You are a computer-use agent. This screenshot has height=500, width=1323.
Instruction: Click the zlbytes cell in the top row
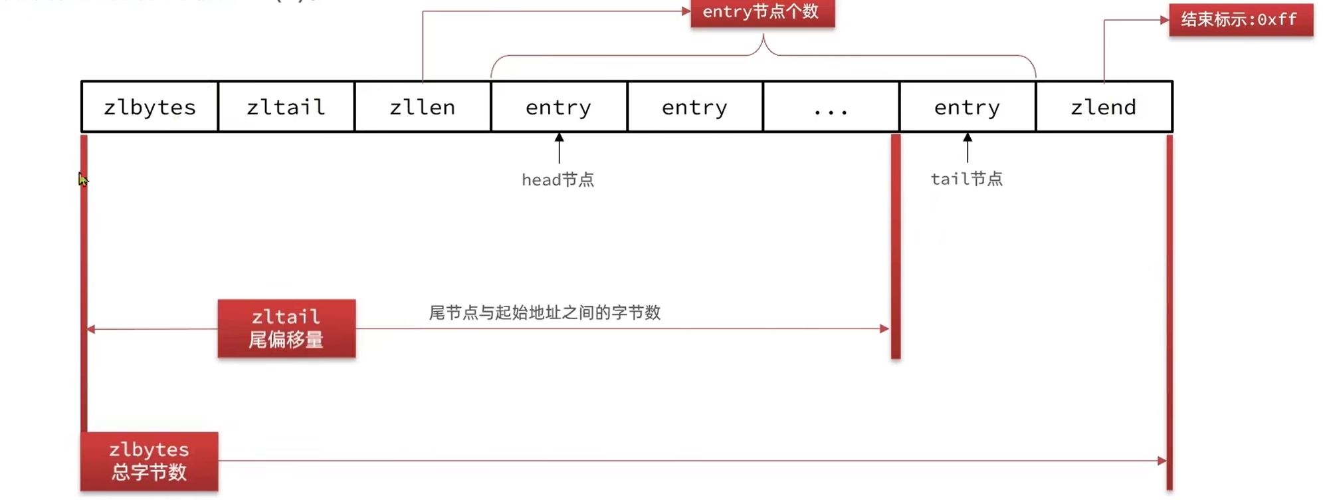[150, 107]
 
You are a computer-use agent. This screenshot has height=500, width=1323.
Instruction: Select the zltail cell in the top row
[286, 107]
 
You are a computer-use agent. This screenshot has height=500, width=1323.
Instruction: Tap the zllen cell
[423, 107]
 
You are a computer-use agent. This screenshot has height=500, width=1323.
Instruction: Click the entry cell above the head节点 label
[558, 107]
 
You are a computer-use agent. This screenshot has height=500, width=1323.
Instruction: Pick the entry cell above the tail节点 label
[967, 107]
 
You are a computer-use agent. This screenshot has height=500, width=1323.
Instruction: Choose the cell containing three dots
[831, 107]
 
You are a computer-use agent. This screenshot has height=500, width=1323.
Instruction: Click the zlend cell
[1104, 107]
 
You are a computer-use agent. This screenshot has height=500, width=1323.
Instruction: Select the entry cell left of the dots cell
[694, 107]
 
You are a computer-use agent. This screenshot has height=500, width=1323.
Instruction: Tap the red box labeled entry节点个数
[762, 13]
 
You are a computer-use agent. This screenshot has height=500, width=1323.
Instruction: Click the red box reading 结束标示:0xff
[1240, 20]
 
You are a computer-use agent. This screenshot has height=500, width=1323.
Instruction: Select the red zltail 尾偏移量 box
[286, 328]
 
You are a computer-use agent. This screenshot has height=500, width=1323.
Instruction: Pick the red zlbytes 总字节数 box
[150, 461]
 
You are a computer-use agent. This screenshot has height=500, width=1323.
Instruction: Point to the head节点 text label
[558, 180]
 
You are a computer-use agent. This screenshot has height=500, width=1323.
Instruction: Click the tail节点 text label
[967, 179]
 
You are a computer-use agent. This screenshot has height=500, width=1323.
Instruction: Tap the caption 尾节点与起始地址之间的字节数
[545, 312]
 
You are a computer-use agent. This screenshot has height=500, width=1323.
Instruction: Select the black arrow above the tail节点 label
[967, 147]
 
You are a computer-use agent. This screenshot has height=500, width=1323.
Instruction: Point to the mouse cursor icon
[82, 180]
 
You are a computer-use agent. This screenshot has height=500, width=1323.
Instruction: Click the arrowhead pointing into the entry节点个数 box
[686, 11]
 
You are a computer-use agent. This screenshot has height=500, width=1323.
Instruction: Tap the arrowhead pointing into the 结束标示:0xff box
[1164, 20]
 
